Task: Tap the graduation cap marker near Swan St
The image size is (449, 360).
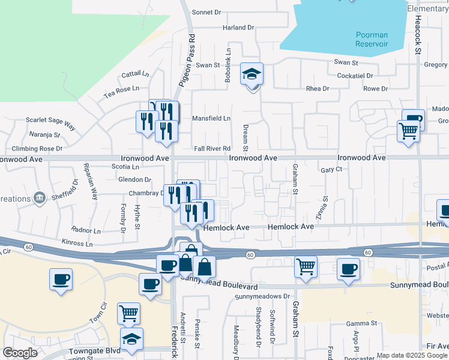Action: click(252, 74)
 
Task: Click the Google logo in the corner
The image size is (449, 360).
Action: click(20, 353)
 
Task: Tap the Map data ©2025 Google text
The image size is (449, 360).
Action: click(412, 355)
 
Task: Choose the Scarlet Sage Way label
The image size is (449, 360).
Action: click(50, 123)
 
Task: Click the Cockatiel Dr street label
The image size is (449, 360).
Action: click(355, 76)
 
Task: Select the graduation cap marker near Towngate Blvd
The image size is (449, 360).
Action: click(132, 340)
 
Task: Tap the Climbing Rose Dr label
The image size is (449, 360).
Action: click(38, 148)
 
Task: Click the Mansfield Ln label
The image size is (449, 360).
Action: click(211, 118)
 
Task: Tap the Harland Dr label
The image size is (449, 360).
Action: click(238, 28)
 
